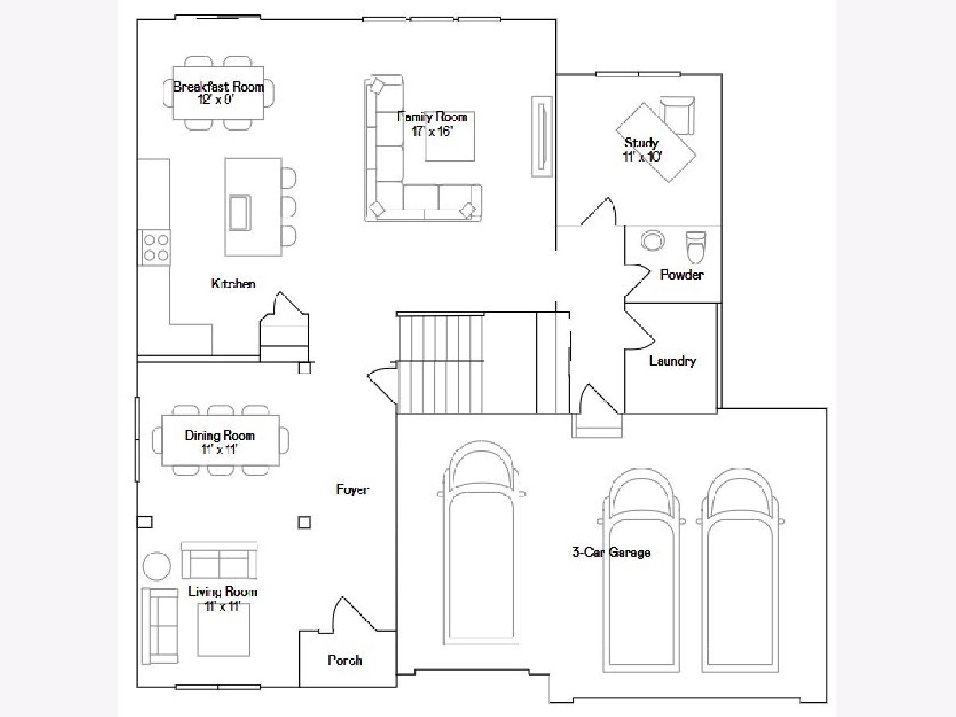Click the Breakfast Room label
point(218,87)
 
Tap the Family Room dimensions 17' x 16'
point(432,131)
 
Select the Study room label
point(641,143)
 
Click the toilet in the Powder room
point(695,247)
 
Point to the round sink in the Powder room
point(652,241)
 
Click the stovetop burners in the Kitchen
point(155,247)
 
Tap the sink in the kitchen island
point(240,213)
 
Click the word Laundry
point(672,361)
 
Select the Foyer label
point(352,490)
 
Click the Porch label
point(345,660)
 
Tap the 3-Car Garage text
point(612,552)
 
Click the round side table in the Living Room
point(157,566)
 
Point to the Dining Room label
point(220,435)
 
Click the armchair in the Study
point(677,115)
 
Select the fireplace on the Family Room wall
point(542,136)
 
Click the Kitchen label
point(233,284)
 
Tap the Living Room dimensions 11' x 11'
point(222,606)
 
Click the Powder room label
point(682,275)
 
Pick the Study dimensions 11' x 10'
point(643,156)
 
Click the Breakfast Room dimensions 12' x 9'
point(216,100)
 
